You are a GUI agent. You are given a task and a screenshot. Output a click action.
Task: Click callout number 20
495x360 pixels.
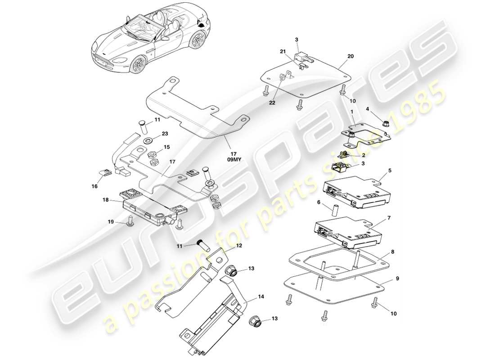351,57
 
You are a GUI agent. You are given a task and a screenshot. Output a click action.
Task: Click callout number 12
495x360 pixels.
239,245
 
